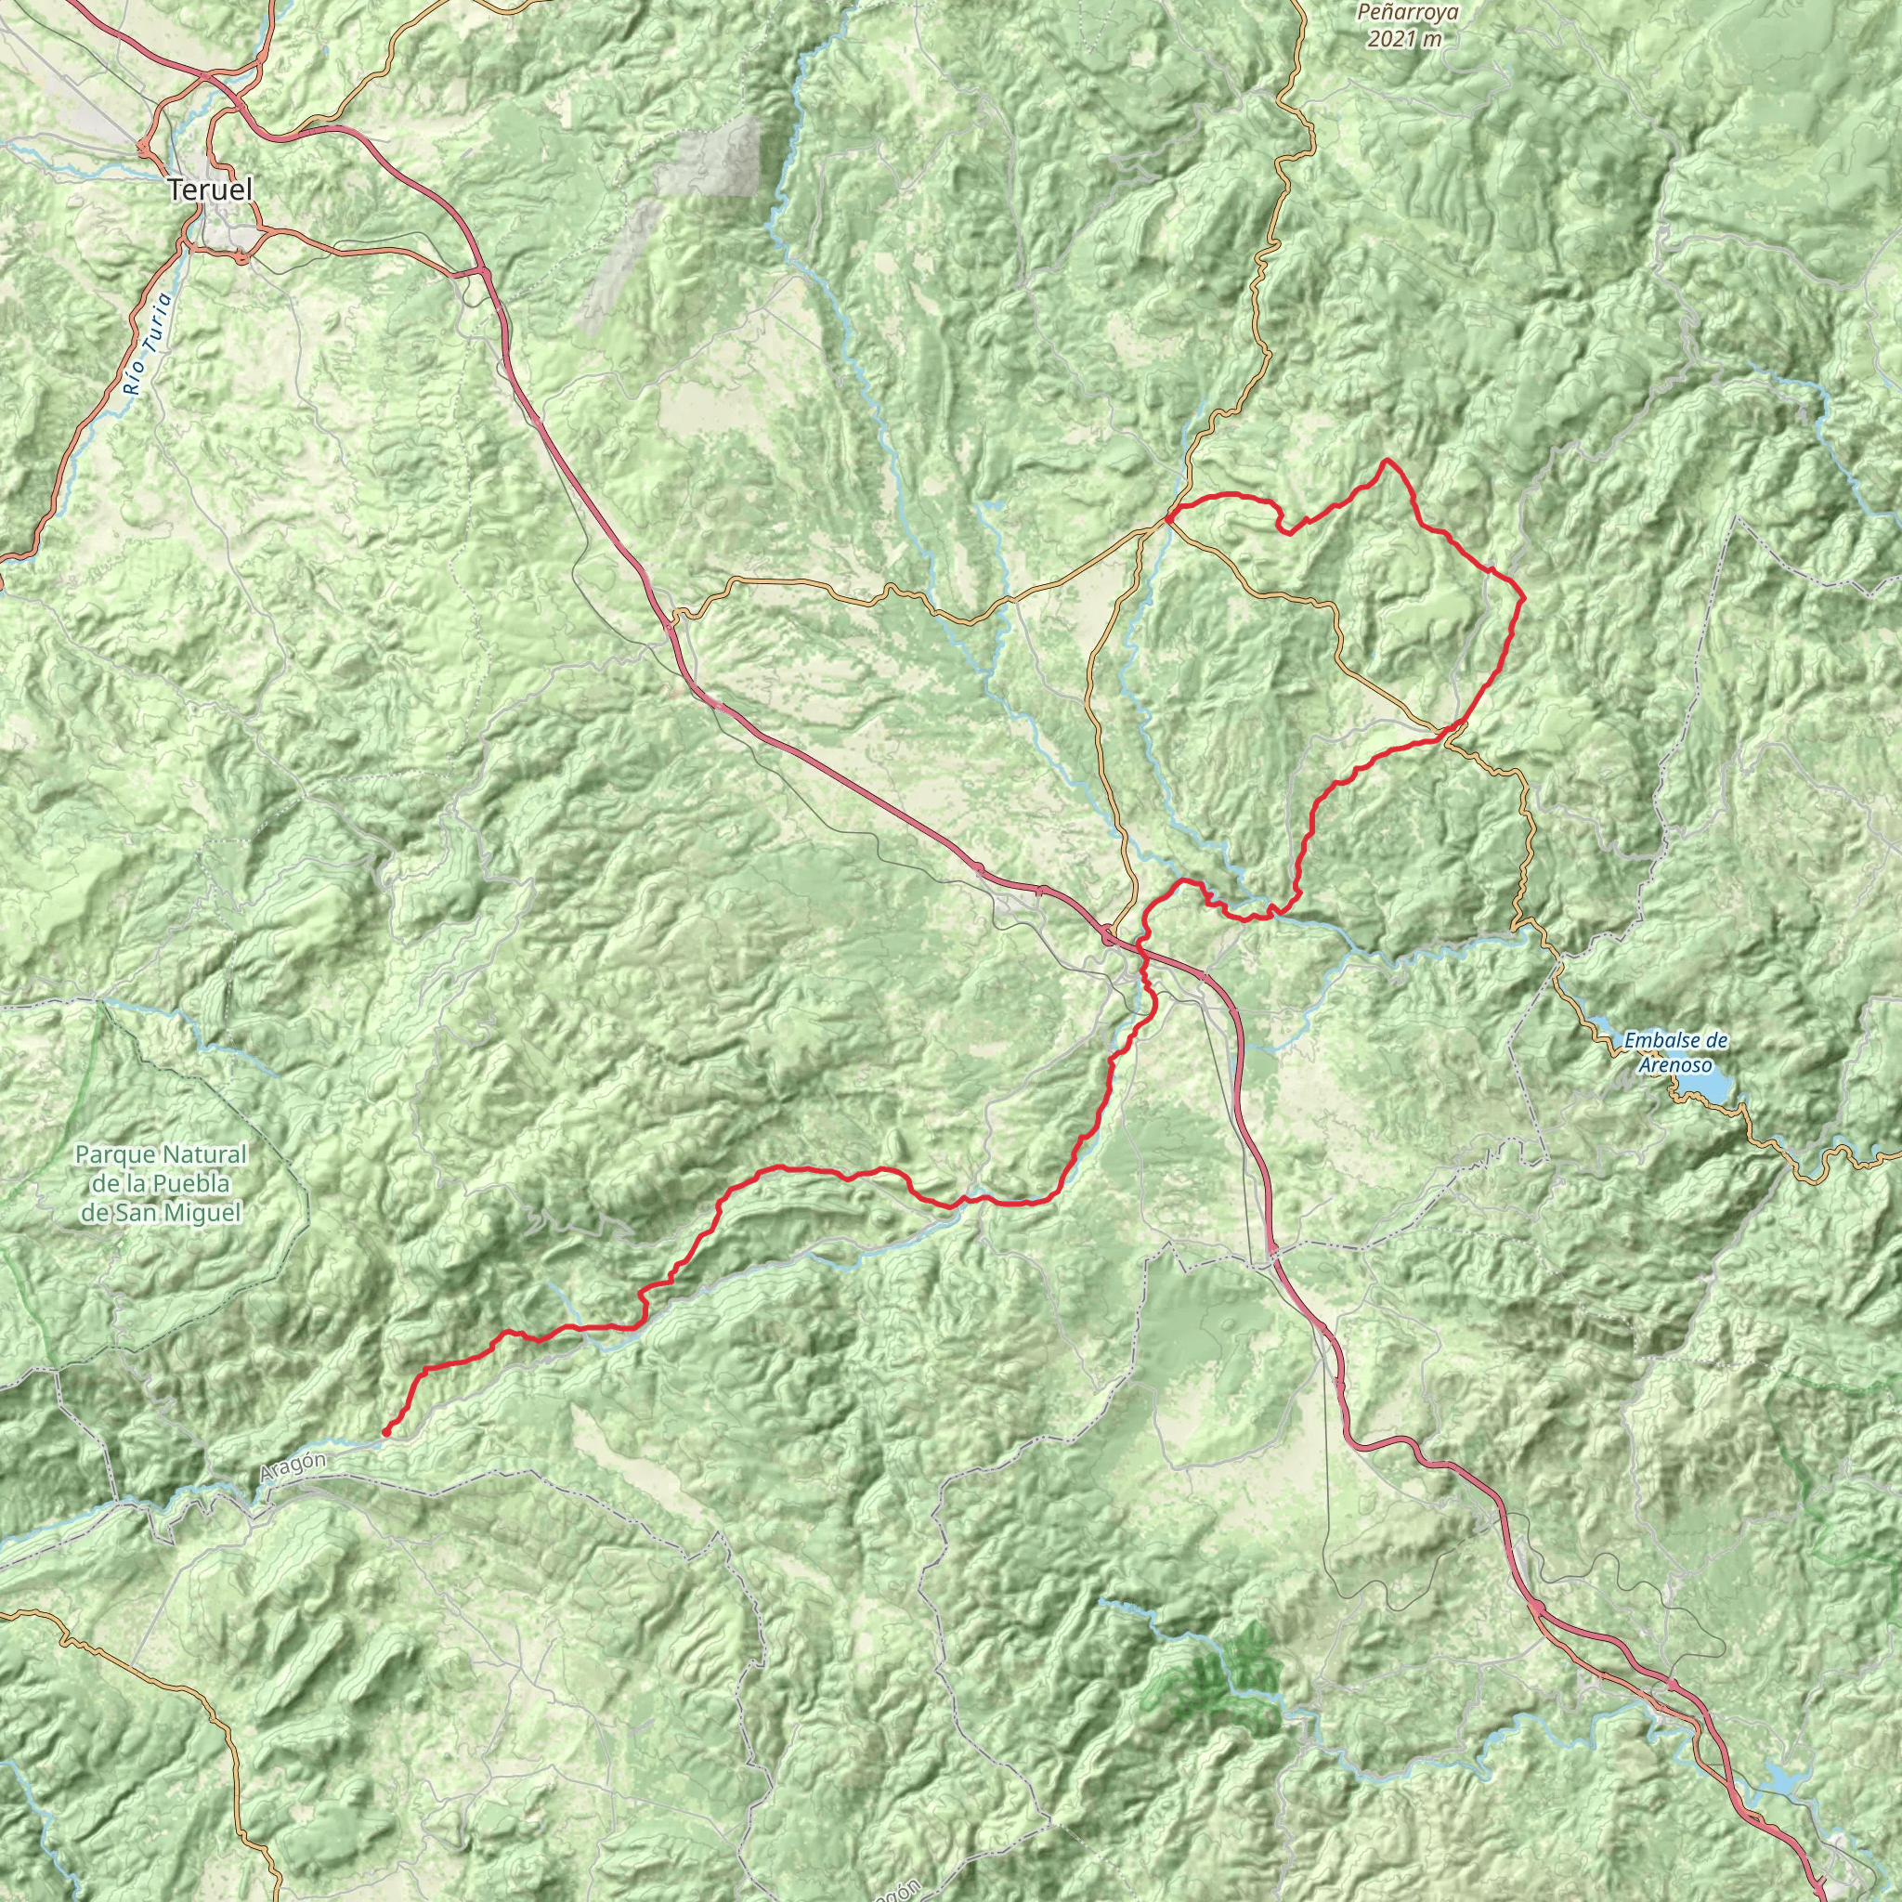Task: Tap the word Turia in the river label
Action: [x=157, y=327]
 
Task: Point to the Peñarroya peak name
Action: [x=1407, y=14]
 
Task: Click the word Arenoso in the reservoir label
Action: [x=1674, y=1065]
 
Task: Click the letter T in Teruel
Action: [x=176, y=190]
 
